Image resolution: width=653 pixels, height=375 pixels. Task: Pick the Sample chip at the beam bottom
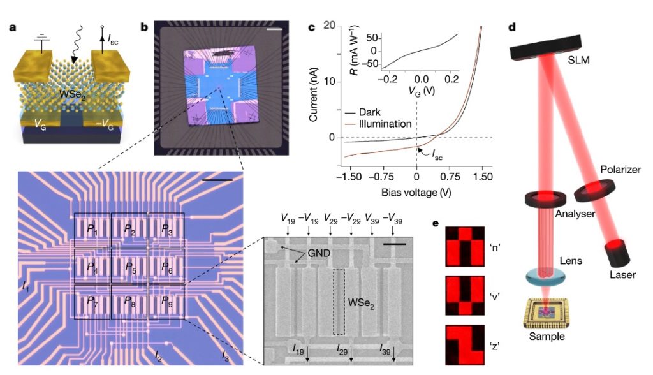[x=547, y=314]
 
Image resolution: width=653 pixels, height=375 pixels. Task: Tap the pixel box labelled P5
[x=129, y=265]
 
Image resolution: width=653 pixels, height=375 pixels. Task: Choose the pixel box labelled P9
[x=166, y=301]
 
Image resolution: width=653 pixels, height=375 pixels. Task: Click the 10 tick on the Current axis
[x=329, y=82]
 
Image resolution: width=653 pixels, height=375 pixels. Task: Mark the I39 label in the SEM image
[x=386, y=349]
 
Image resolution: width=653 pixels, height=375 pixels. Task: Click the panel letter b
[x=144, y=27]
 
